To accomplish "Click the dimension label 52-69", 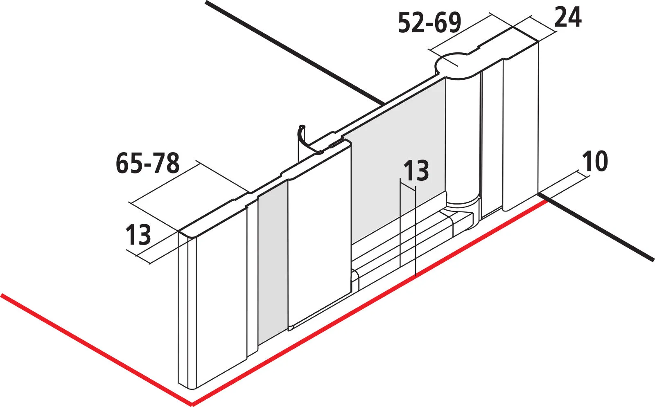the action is tap(429, 23).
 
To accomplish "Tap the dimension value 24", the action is tap(567, 18).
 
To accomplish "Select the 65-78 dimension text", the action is tap(148, 163).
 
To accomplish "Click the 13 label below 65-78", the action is tap(138, 234).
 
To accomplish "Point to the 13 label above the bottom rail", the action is tap(416, 170).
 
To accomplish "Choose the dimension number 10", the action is tap(595, 161).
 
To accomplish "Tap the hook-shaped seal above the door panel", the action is tap(309, 139).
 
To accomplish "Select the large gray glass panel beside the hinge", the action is tap(398, 161).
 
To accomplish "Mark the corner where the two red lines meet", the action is tap(192, 404).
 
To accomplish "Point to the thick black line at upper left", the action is tap(295, 53).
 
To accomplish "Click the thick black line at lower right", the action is tap(596, 227).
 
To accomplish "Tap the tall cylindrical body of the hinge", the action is tap(463, 137).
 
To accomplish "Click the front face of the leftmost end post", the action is tap(221, 295).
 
